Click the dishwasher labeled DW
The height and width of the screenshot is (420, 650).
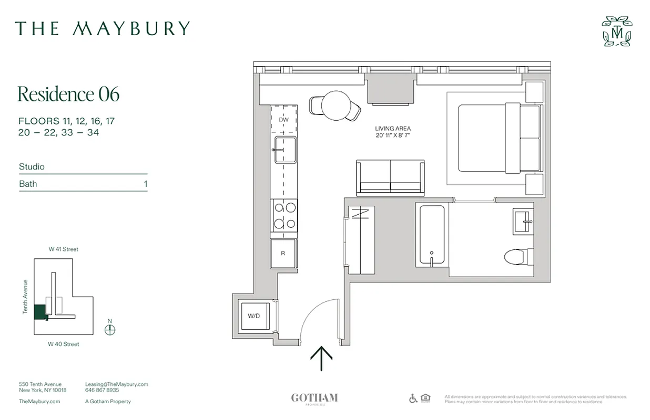pyautogui.click(x=283, y=119)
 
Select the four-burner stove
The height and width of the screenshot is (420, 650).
pyautogui.click(x=284, y=216)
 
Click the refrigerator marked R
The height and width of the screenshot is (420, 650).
pyautogui.click(x=283, y=254)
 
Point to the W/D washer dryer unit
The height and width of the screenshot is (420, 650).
pyautogui.click(x=255, y=316)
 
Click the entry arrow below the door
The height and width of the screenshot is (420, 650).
pyautogui.click(x=321, y=359)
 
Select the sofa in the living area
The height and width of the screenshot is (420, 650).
pyautogui.click(x=390, y=178)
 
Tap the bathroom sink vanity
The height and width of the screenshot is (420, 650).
pyautogui.click(x=524, y=221)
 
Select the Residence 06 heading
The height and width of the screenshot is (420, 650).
pyautogui.click(x=68, y=94)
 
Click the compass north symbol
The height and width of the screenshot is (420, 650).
pyautogui.click(x=110, y=330)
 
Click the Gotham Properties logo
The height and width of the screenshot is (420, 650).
pyautogui.click(x=314, y=398)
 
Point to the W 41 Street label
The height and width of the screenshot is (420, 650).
pyautogui.click(x=64, y=249)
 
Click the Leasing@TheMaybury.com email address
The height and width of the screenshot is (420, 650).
pyautogui.click(x=116, y=384)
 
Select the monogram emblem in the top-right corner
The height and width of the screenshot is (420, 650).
pyautogui.click(x=616, y=31)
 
